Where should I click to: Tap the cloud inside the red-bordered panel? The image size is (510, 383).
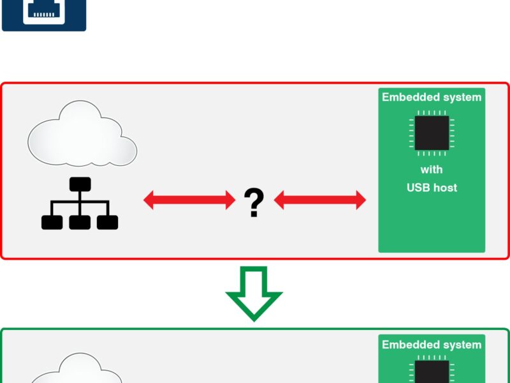pos(82,135)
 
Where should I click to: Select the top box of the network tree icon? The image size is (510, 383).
pos(80,184)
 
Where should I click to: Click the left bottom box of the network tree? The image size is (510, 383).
pos(52,222)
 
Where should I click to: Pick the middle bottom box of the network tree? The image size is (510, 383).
pos(80,222)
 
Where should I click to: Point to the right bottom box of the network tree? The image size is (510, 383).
pos(108,222)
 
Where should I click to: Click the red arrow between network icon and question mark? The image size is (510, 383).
pos(189,200)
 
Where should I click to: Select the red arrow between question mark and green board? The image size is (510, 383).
pos(320,200)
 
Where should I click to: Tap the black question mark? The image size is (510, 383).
pos(254,202)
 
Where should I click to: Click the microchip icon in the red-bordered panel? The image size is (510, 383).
pos(432,133)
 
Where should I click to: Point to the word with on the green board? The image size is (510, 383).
pos(432,170)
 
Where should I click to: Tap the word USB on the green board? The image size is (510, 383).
pos(418,188)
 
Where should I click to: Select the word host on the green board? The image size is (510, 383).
pos(445,188)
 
